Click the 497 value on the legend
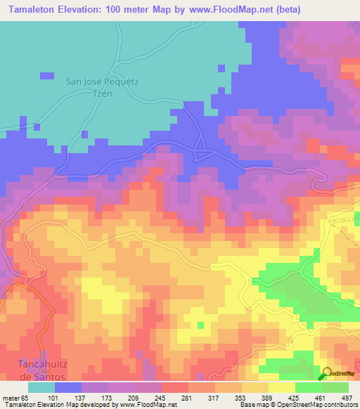[347, 398]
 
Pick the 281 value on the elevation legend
[187, 398]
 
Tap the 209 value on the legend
[134, 398]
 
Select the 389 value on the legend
[267, 398]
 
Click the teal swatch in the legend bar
[41, 387]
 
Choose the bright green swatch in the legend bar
[335, 387]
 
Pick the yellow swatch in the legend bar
[282, 387]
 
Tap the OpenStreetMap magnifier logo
[327, 374]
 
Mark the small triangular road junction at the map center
[202, 152]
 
